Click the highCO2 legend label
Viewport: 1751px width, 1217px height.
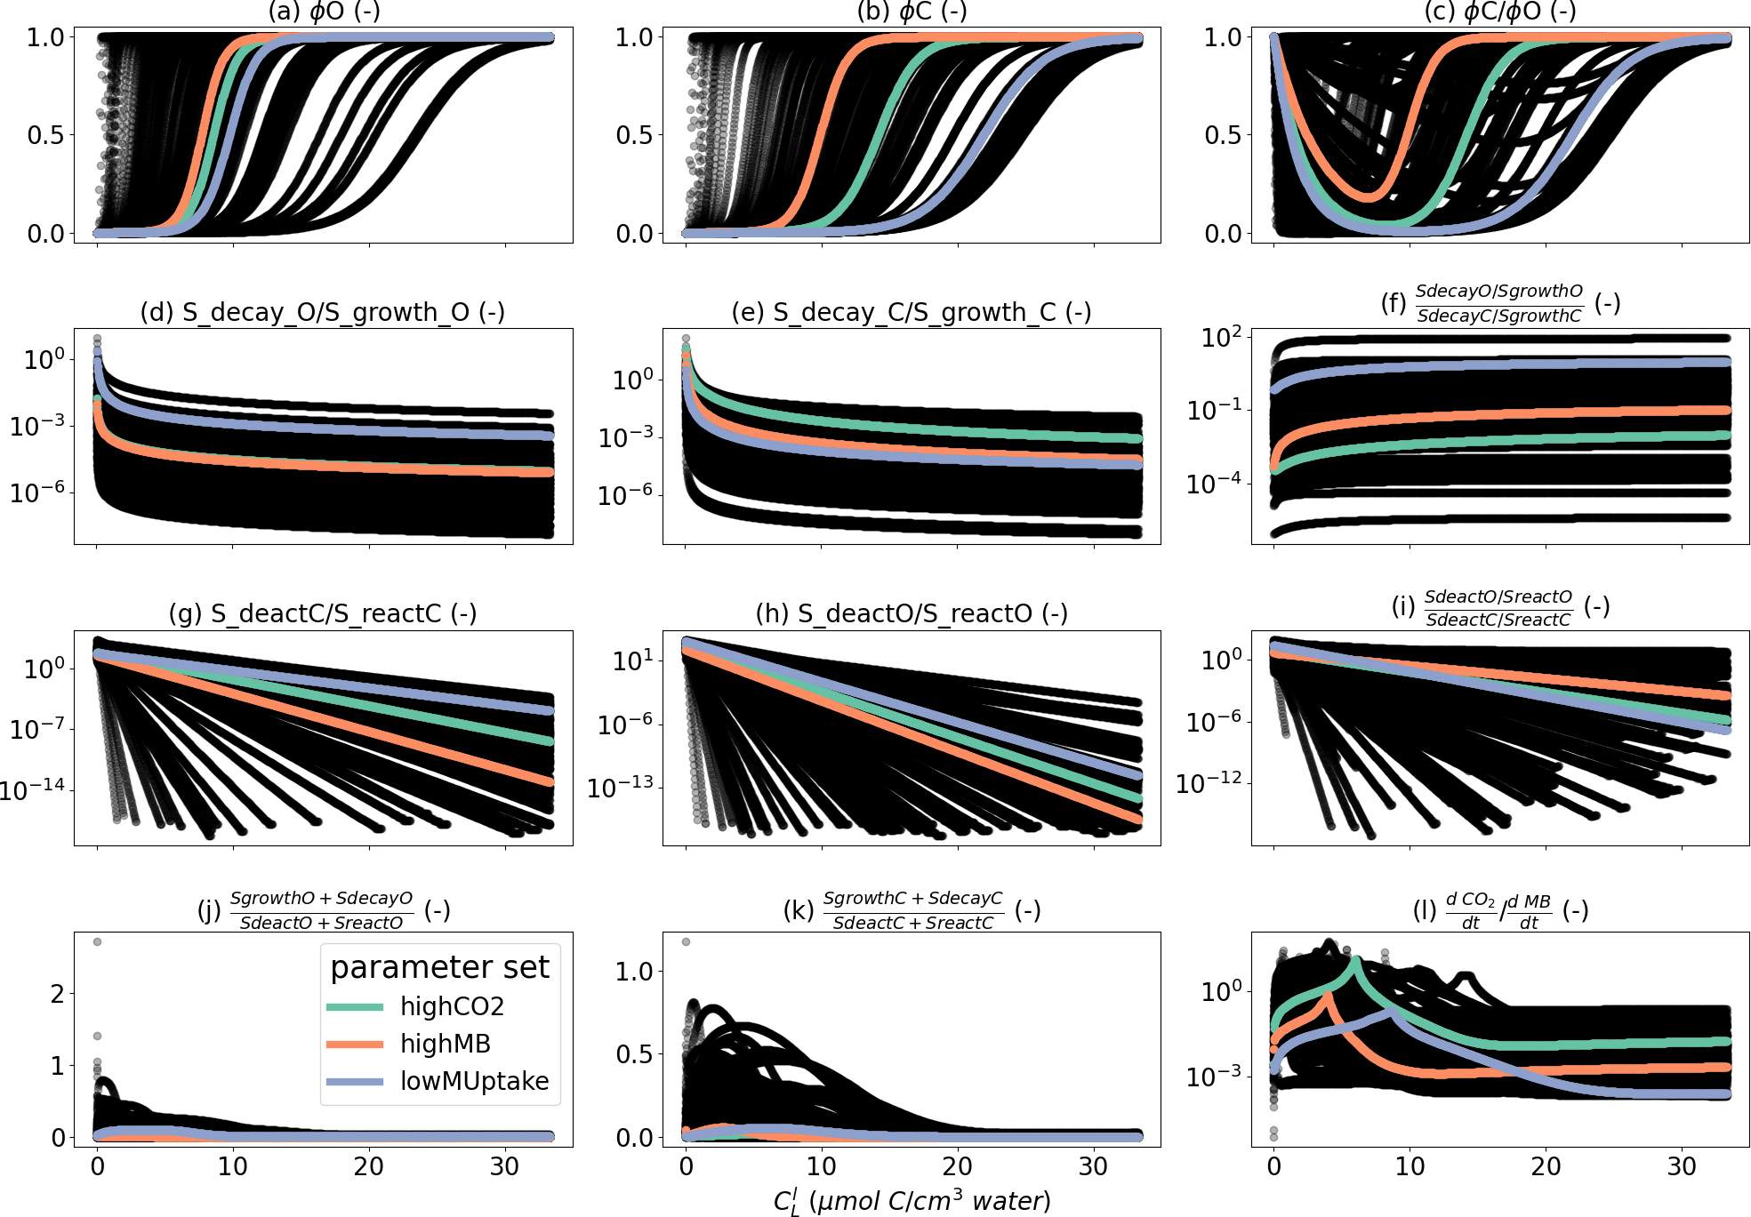(452, 1006)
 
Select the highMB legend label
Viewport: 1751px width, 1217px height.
(445, 1044)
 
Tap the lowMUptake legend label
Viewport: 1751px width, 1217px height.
(474, 1081)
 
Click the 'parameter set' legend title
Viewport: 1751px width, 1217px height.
(439, 967)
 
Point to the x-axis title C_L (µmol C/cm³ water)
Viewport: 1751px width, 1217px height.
(912, 1201)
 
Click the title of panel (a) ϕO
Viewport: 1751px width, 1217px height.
(324, 12)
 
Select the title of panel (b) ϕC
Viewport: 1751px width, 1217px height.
(912, 12)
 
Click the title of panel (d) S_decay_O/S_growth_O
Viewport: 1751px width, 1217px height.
(323, 312)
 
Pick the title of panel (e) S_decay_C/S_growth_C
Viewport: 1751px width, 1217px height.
(912, 312)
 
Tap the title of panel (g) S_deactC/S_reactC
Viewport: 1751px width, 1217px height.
(323, 613)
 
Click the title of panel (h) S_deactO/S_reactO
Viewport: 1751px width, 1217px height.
(912, 613)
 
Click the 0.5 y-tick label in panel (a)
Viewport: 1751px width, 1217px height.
(45, 135)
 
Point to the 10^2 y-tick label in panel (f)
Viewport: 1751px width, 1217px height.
(1220, 338)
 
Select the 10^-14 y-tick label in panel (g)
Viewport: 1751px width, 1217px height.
(33, 789)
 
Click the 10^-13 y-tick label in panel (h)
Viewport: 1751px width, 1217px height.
(621, 787)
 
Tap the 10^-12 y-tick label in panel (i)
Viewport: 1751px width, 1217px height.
(1209, 783)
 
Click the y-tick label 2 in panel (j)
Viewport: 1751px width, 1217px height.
(58, 994)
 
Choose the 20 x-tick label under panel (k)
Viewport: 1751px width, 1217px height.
(957, 1166)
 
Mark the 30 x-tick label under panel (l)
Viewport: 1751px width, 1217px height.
(1681, 1166)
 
